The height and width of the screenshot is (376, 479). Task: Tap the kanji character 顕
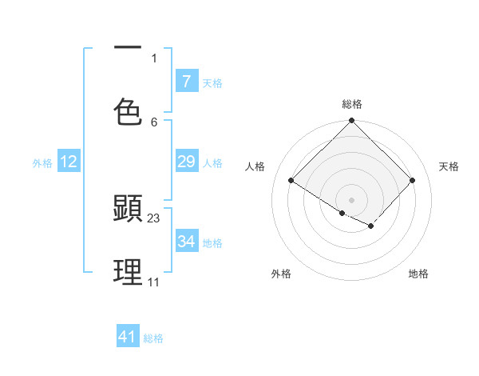[128, 209]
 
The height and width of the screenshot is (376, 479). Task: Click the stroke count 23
[154, 218]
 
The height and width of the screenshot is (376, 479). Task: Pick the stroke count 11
[153, 282]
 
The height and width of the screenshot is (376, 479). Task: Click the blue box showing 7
[186, 81]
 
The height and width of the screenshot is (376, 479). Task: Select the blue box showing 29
[186, 162]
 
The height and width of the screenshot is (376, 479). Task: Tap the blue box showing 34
[186, 242]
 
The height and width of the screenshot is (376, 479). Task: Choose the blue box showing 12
[69, 162]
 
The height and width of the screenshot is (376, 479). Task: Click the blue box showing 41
[128, 337]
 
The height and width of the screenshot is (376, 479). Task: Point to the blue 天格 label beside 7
[212, 82]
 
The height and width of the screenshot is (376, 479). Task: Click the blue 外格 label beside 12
[42, 163]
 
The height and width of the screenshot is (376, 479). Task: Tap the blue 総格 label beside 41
[153, 338]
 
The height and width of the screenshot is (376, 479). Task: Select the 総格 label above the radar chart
[352, 104]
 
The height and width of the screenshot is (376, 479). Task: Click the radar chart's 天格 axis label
[449, 166]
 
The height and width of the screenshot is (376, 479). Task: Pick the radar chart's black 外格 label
[281, 274]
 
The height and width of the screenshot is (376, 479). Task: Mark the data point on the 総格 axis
[352, 122]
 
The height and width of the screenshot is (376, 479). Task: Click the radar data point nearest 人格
[291, 181]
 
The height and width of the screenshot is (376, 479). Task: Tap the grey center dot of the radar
[352, 199]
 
